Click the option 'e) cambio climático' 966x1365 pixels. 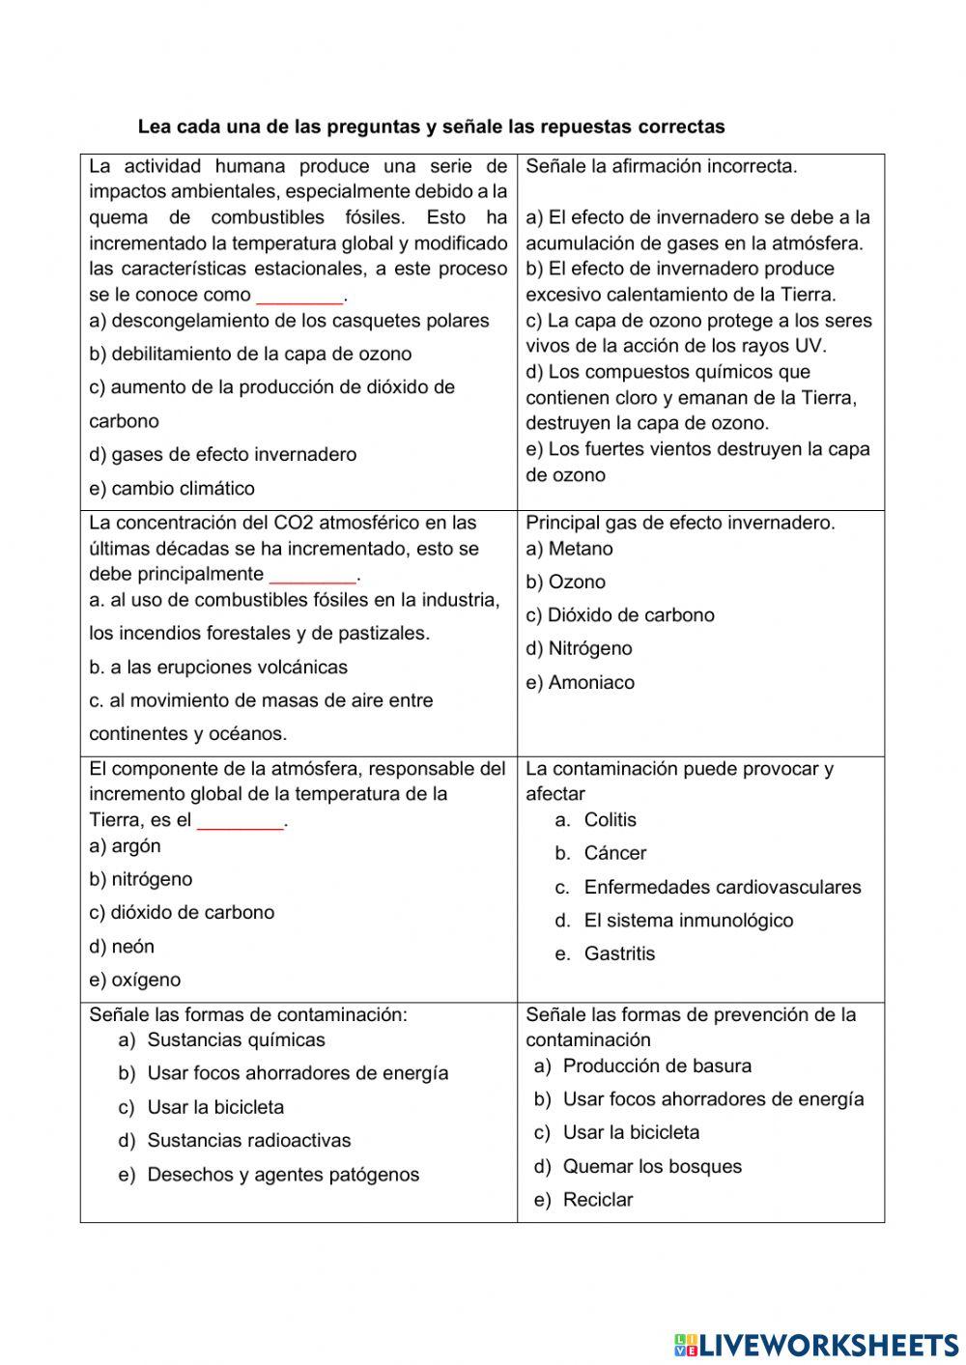[172, 489]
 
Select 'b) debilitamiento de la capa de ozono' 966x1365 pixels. [250, 355]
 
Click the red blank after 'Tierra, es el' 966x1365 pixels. [241, 821]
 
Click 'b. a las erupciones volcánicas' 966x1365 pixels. [218, 668]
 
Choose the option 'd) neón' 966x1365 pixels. [122, 947]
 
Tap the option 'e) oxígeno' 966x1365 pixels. [134, 981]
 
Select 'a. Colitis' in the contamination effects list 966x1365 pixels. [596, 820]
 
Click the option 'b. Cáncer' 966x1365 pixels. [600, 854]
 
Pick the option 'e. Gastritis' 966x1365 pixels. [605, 954]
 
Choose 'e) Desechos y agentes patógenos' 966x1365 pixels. [269, 1176]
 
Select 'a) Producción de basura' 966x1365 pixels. [642, 1066]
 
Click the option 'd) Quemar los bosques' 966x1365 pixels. [638, 1167]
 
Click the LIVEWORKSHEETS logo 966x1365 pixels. [816, 1345]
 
